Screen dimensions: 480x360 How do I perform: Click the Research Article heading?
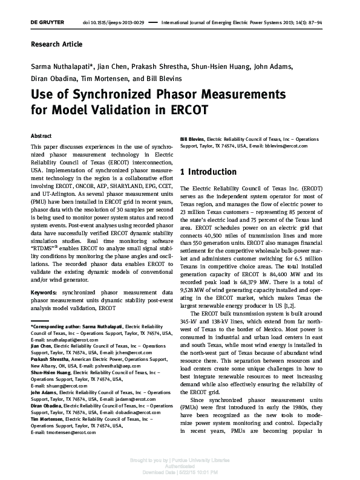click(x=56, y=44)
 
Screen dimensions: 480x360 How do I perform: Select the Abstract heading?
click(x=41, y=136)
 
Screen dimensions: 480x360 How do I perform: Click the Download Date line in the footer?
click(x=180, y=472)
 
